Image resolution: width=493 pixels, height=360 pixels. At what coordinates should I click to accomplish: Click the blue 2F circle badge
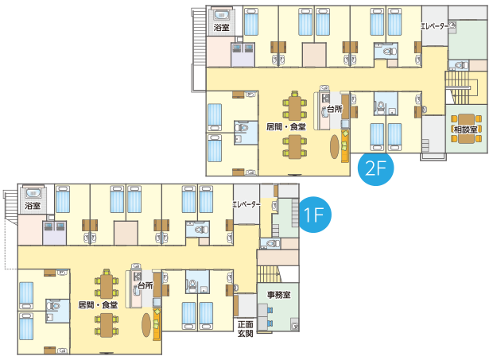[377, 168]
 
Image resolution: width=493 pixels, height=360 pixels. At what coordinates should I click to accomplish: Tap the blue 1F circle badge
[314, 215]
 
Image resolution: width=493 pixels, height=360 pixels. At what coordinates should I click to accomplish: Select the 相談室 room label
[464, 129]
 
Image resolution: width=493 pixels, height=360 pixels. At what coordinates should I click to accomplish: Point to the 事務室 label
[278, 295]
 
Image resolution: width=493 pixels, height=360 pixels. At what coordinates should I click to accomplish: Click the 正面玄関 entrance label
[245, 329]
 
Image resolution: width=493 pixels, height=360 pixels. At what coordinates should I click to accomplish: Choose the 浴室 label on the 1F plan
[33, 206]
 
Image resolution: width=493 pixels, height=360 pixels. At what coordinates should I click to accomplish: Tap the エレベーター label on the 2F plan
[434, 25]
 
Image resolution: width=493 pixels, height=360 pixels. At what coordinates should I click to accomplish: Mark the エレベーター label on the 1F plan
[246, 204]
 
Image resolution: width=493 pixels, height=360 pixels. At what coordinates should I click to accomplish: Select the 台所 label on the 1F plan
[145, 285]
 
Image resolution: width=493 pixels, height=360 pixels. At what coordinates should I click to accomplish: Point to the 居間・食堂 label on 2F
[285, 126]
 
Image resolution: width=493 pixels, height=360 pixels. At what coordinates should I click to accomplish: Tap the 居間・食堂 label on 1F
[97, 304]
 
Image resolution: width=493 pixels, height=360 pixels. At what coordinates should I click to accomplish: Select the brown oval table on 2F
[335, 145]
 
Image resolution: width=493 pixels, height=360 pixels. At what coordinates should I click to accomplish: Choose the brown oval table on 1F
[146, 323]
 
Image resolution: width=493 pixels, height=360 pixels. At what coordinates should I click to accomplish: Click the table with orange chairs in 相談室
[464, 127]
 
